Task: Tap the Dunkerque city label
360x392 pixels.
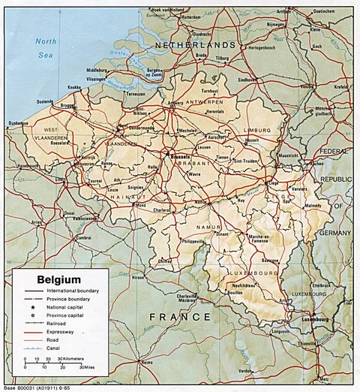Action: [x=18, y=122]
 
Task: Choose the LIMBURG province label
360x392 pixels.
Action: [x=257, y=130]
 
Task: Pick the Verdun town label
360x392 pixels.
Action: [x=244, y=370]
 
